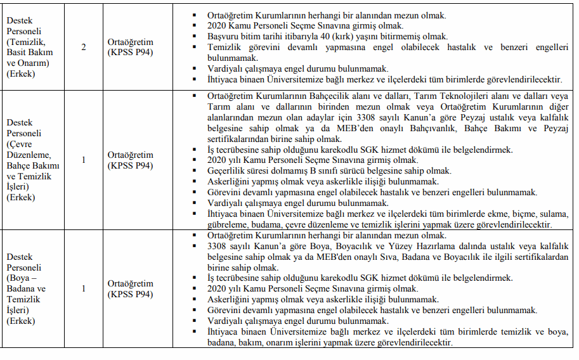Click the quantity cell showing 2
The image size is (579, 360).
click(84, 47)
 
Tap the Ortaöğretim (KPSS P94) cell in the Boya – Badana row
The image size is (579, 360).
click(131, 288)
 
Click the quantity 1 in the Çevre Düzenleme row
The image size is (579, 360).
click(84, 160)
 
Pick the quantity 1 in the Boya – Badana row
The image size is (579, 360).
click(84, 288)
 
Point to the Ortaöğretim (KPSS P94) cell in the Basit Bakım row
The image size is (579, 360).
click(131, 47)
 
